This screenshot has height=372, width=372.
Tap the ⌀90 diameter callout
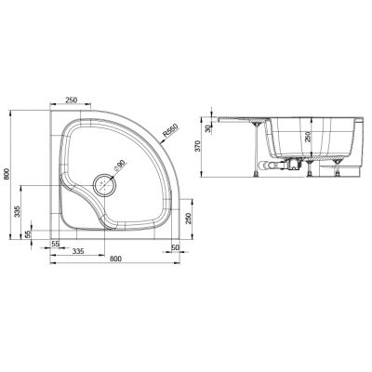[118, 166]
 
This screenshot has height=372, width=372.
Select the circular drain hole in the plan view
[103, 181]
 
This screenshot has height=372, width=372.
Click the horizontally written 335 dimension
[80, 250]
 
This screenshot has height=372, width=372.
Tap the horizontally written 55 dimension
[56, 243]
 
